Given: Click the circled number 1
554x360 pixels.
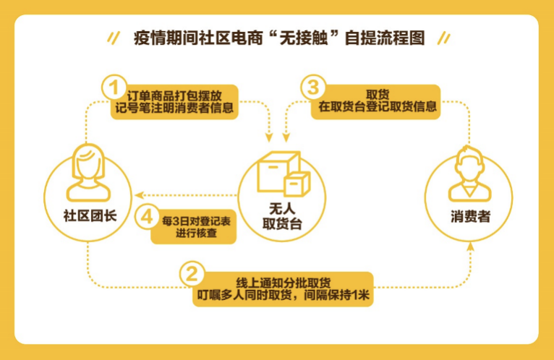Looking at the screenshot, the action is pyautogui.click(x=114, y=87).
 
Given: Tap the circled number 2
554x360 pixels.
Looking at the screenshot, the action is pyautogui.click(x=192, y=274).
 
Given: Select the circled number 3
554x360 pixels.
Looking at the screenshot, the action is pyautogui.click(x=313, y=87).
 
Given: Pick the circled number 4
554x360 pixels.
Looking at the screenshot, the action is pyautogui.click(x=147, y=217).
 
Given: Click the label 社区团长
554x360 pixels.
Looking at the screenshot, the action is pyautogui.click(x=90, y=215).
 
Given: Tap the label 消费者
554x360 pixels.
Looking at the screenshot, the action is pyautogui.click(x=470, y=216).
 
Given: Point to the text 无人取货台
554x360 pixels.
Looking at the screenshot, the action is pyautogui.click(x=282, y=216).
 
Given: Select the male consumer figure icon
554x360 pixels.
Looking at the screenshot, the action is pyautogui.click(x=469, y=174).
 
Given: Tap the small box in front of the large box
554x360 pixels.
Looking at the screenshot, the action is pyautogui.click(x=297, y=184).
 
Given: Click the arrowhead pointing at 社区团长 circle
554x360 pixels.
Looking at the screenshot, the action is pyautogui.click(x=138, y=195).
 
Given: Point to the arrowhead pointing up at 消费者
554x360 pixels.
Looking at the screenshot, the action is pyautogui.click(x=470, y=247).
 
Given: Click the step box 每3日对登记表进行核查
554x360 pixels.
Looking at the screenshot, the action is pyautogui.click(x=194, y=227).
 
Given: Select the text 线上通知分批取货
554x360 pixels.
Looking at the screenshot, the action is pyautogui.click(x=284, y=283).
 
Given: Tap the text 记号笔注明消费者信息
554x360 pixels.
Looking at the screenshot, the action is pyautogui.click(x=174, y=108).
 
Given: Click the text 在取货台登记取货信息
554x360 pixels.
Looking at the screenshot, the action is pyautogui.click(x=378, y=106).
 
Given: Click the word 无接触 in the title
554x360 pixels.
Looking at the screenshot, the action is pyautogui.click(x=304, y=38).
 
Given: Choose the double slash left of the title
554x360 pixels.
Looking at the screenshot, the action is pyautogui.click(x=114, y=38).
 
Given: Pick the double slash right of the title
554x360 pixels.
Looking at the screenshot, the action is pyautogui.click(x=444, y=38).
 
